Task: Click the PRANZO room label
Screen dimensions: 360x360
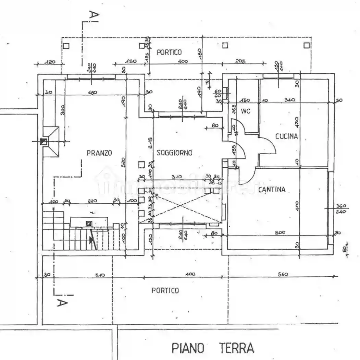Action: (99, 153)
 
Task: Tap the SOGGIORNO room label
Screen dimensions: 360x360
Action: (174, 153)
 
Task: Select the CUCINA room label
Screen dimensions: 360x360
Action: (287, 136)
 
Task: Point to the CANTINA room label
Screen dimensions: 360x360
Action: (272, 190)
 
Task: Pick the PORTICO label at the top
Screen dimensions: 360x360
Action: (169, 52)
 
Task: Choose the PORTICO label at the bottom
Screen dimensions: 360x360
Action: (165, 291)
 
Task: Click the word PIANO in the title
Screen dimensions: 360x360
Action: (188, 348)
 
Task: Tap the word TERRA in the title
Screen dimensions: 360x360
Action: (237, 348)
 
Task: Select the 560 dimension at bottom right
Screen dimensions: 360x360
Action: (283, 274)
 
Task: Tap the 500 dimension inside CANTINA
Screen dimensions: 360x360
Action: (280, 232)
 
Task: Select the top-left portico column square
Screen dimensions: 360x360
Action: (66, 46)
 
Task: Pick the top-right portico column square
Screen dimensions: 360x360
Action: (306, 45)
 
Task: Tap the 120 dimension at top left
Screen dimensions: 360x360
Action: (50, 62)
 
